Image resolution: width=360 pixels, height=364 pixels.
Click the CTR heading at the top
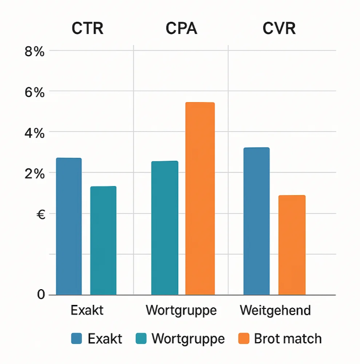[x=87, y=28]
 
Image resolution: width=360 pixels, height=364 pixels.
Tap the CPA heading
[x=181, y=28]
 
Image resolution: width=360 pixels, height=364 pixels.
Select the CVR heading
[x=279, y=28]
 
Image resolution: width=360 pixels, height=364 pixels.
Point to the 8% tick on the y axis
[x=34, y=51]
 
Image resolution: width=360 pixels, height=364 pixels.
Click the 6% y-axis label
[x=34, y=93]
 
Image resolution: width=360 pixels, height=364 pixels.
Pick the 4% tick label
[x=34, y=133]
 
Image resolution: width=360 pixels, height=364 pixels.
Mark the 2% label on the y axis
[x=34, y=174]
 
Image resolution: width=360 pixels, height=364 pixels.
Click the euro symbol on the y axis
[x=41, y=215]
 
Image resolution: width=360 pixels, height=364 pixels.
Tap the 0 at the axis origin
[x=41, y=294]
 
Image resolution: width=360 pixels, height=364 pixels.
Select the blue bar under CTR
[x=69, y=226]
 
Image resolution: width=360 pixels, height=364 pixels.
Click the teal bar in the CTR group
[x=103, y=241]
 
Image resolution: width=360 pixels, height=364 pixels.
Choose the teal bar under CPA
[x=165, y=228]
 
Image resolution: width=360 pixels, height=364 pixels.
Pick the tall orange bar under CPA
[x=200, y=199]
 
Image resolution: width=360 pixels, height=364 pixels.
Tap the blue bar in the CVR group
[x=256, y=221]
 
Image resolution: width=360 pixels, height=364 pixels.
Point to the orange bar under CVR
[x=292, y=245]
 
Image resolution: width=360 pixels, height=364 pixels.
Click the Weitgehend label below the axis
[x=275, y=310]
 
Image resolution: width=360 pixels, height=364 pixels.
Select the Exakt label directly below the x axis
[x=87, y=310]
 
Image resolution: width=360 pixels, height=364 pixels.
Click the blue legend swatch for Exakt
[x=77, y=338]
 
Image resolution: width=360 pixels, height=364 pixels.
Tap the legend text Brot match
[x=288, y=338]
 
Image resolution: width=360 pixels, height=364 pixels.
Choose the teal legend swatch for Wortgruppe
[x=141, y=338]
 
